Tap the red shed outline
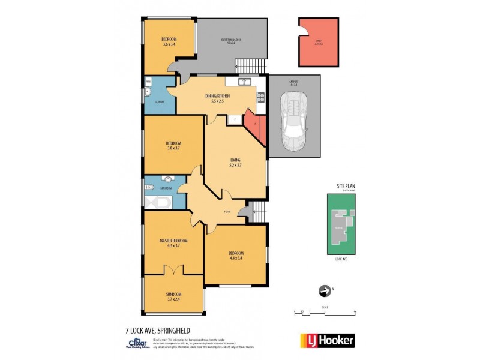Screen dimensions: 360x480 point(319,42)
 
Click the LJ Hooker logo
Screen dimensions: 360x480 point(327,340)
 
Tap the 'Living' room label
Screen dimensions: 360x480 point(235,162)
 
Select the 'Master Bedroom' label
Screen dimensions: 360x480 point(170,243)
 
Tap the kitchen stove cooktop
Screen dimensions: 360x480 point(260,98)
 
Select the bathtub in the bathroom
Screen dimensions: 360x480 point(157,202)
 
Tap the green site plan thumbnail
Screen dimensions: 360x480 point(342,224)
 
